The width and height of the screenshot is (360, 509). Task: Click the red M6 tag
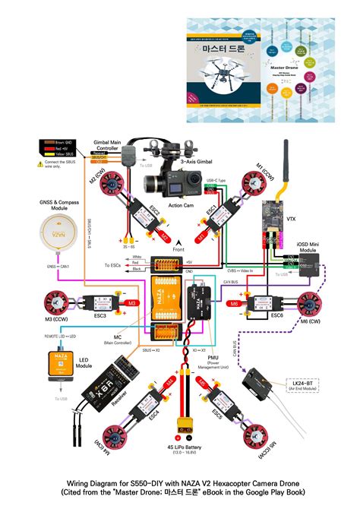(235, 304)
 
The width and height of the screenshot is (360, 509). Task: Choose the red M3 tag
(131, 303)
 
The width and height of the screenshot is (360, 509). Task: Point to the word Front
(179, 249)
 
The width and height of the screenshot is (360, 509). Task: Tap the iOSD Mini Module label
(310, 248)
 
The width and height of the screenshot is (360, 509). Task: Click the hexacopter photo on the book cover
(222, 72)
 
